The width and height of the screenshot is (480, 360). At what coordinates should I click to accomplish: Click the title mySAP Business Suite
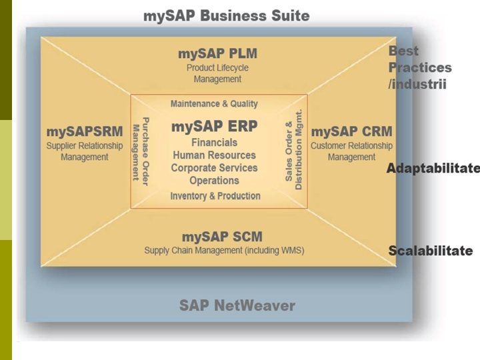(227, 15)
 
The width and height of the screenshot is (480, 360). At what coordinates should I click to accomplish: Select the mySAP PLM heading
(217, 53)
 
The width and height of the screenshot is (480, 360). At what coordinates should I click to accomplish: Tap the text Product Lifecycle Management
(217, 73)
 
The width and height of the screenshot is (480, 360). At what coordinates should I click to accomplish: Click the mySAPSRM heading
(85, 131)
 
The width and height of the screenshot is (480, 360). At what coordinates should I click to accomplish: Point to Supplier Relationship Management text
(85, 151)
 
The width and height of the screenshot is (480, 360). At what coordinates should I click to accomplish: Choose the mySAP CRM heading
(351, 131)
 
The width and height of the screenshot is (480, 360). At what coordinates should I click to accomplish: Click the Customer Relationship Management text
(351, 151)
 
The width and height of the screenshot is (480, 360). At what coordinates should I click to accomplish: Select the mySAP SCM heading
(223, 237)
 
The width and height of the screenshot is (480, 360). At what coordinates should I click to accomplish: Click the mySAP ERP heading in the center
(214, 126)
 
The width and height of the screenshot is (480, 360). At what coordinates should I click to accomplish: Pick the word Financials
(214, 143)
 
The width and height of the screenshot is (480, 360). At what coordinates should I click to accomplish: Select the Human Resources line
(214, 155)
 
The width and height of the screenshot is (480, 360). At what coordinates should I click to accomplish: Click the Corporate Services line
(214, 168)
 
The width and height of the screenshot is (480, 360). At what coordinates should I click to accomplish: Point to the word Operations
(214, 181)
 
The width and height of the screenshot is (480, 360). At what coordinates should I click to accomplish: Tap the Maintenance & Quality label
(214, 104)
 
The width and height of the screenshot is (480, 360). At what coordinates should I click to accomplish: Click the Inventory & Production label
(215, 196)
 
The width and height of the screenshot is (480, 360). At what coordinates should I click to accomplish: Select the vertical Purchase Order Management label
(140, 151)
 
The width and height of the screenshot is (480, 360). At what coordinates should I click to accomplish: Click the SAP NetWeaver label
(237, 306)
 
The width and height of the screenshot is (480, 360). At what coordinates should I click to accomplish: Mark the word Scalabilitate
(431, 251)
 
